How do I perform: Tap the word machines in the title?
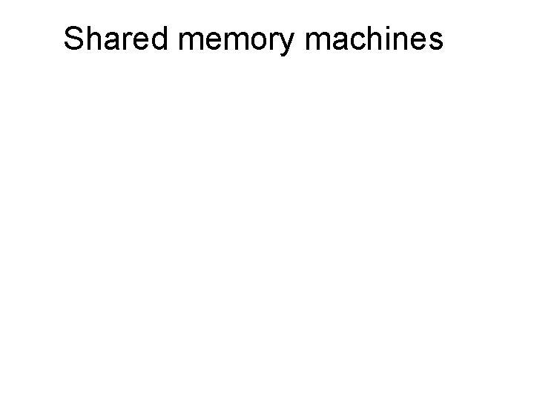coord(374,39)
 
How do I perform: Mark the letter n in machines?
coord(400,42)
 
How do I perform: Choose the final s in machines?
coord(435,42)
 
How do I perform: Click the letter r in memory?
coord(277,42)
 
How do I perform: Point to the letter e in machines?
coord(418,42)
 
